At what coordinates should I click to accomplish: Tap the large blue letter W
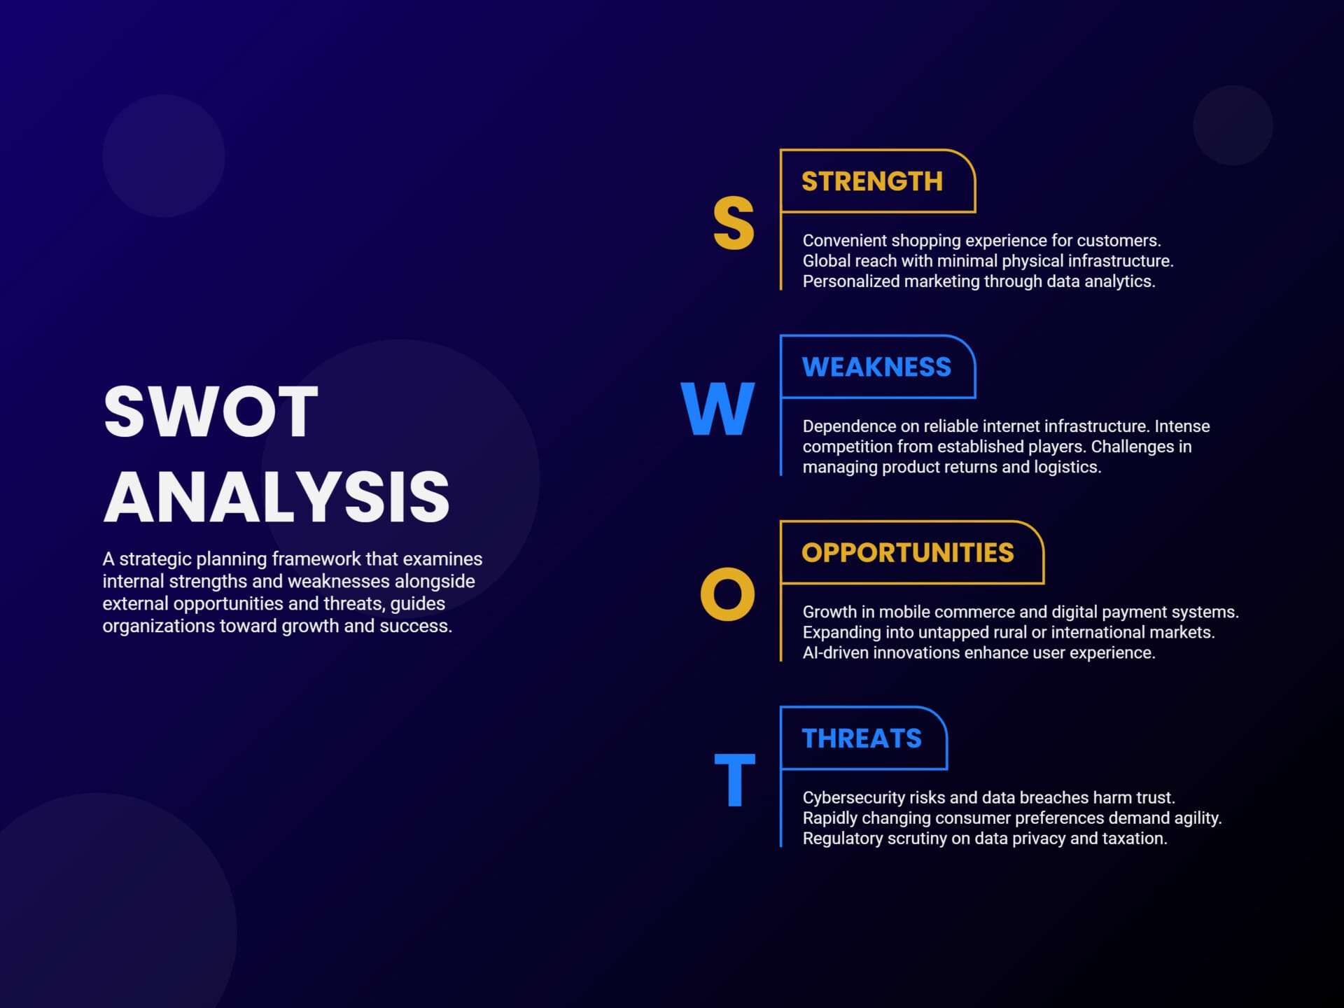point(717,409)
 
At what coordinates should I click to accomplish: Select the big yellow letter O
point(728,594)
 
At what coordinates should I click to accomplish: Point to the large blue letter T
point(734,780)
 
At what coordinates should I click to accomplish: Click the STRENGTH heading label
point(872,181)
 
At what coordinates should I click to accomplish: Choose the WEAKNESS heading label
point(876,367)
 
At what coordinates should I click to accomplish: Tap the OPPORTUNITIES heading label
point(907,552)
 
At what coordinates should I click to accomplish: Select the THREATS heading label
point(862,738)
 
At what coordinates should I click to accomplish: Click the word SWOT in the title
point(211,412)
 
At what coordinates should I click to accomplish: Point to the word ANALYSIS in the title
point(276,497)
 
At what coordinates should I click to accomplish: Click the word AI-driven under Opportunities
point(836,652)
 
